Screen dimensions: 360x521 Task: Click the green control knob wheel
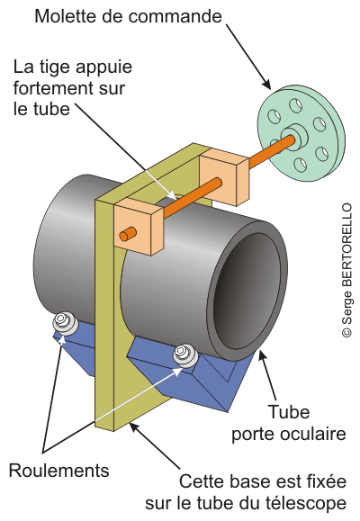click(x=301, y=133)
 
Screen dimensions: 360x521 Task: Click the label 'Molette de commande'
click(x=128, y=16)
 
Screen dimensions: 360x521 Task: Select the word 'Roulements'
click(x=58, y=471)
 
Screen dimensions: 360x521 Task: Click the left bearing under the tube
click(x=65, y=323)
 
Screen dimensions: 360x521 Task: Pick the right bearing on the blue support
click(x=185, y=355)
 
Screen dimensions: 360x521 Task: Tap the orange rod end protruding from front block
click(x=128, y=234)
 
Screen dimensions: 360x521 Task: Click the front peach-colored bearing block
click(x=139, y=227)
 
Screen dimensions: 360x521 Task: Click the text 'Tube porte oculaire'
click(x=289, y=423)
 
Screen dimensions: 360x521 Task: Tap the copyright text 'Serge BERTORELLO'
click(x=346, y=270)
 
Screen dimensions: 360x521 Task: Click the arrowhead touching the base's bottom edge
click(x=134, y=427)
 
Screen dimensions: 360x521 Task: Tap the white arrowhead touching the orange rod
click(x=172, y=196)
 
